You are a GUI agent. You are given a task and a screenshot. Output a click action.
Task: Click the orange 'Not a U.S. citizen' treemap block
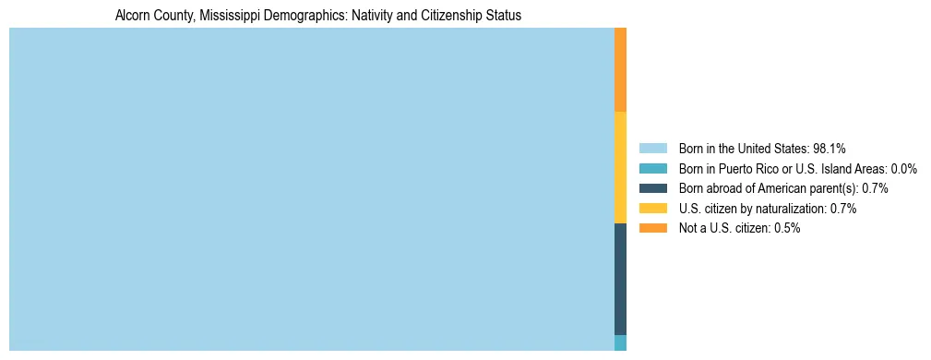620,69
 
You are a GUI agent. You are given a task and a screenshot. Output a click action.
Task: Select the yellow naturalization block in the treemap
620,167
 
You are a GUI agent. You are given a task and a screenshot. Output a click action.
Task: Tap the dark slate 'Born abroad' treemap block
620,279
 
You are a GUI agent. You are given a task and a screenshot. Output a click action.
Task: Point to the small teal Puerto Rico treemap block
620,342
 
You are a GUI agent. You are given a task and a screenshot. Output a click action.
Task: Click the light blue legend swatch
652,148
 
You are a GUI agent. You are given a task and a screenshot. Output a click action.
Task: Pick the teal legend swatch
652,168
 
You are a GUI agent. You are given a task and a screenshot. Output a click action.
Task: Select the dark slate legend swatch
652,188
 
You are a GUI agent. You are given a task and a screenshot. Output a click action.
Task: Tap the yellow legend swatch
652,209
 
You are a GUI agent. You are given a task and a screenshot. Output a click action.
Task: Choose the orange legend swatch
652,228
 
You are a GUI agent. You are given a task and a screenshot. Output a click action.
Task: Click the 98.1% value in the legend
829,148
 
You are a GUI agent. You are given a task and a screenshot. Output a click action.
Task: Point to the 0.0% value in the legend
903,168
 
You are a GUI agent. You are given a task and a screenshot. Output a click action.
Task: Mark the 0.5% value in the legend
787,228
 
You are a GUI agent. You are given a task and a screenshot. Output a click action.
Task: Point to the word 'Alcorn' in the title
133,16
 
